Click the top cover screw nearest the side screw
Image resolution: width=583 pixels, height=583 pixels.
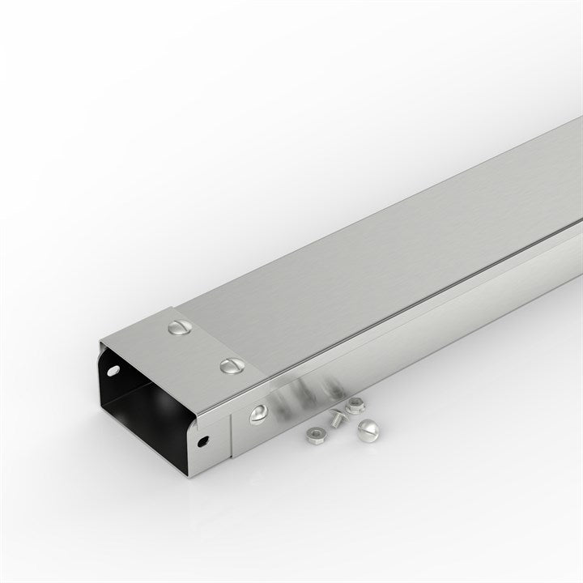coord(232,366)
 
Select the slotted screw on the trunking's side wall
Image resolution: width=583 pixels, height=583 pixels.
coord(258,414)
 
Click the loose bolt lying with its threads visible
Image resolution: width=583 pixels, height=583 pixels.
coord(334,418)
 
